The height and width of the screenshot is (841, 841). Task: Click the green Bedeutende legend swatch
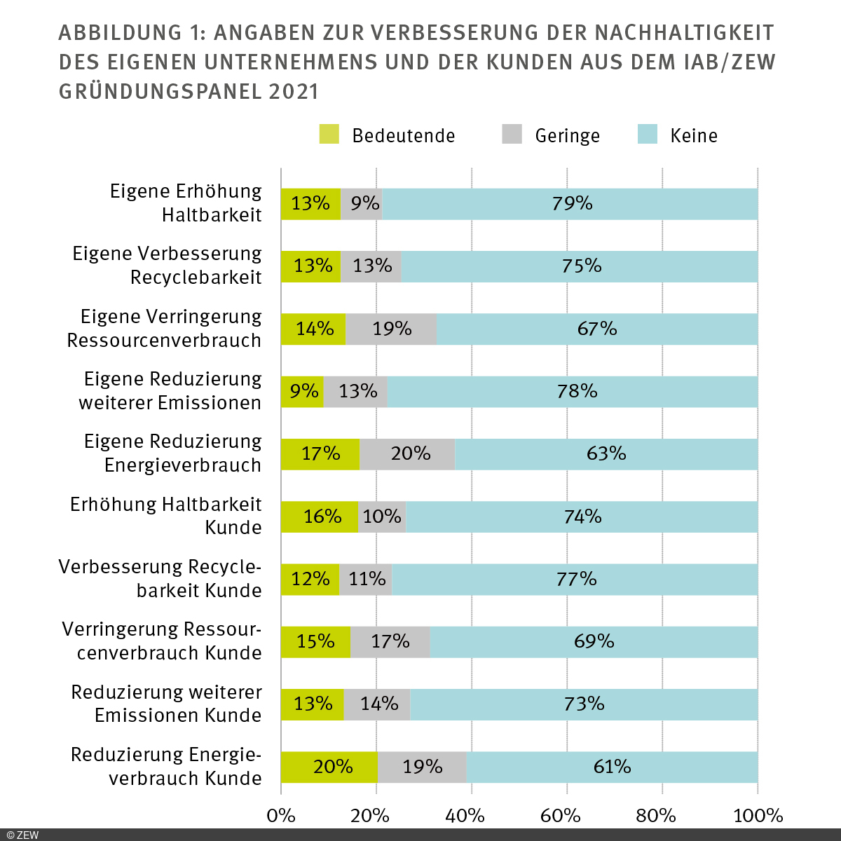point(329,135)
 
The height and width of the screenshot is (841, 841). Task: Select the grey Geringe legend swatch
point(512,135)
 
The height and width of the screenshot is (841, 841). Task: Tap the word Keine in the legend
point(693,136)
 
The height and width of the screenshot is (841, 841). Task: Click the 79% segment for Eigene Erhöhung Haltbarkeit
point(570,204)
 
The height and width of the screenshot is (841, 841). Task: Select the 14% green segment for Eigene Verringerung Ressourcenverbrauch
point(313,329)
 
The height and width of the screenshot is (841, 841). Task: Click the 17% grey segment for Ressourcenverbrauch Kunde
point(390,642)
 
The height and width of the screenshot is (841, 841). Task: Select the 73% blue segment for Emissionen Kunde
point(584,704)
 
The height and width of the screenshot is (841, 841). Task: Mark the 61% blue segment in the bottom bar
point(612,767)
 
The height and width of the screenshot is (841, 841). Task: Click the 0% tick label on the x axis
point(281,816)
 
